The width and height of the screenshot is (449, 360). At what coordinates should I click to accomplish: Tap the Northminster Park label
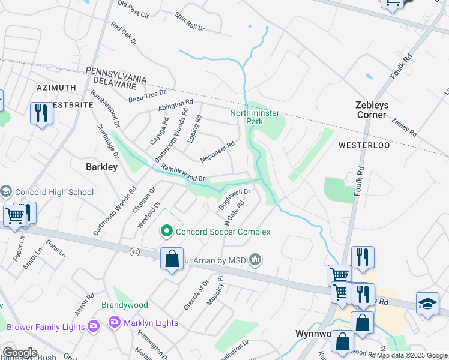tap(246, 116)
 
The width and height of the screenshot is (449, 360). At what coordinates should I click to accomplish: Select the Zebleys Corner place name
tap(371, 110)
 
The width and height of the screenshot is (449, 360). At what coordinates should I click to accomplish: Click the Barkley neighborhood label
tap(101, 167)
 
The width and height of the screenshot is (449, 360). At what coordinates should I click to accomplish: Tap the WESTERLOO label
tap(364, 145)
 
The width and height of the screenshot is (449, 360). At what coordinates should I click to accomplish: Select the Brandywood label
tap(124, 305)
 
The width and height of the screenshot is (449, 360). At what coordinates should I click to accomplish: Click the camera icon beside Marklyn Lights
tap(114, 323)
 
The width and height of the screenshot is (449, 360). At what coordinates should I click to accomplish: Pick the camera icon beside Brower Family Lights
tap(94, 327)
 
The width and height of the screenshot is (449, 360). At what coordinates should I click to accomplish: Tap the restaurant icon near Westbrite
tap(41, 113)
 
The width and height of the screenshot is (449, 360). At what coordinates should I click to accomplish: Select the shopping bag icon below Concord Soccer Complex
tap(172, 259)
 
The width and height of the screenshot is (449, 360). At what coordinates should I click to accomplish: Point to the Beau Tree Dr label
tap(147, 95)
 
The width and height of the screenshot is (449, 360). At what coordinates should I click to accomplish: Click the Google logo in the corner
tap(20, 353)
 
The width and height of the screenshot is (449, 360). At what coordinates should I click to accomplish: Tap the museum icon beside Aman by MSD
tap(256, 259)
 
